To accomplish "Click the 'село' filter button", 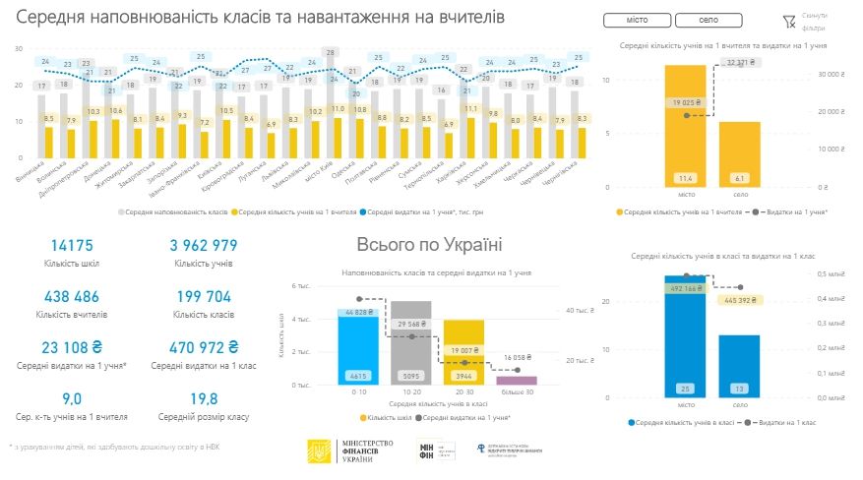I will [709, 21].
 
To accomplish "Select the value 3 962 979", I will [204, 245].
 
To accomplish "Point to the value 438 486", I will [72, 296].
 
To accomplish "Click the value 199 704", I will [202, 296].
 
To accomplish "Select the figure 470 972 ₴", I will [204, 347].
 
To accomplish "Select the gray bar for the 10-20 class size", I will [410, 344].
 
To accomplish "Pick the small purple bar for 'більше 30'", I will [517, 381].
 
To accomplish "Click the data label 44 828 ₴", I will [358, 313].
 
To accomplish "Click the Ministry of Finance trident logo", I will [320, 452].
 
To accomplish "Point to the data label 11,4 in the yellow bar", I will [685, 178].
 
